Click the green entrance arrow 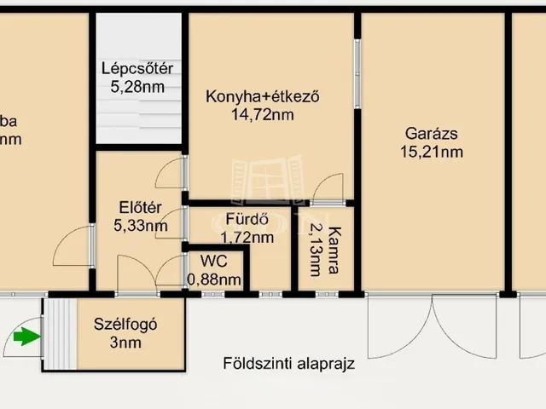click(27, 337)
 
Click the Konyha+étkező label click(263, 96)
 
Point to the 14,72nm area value click(263, 114)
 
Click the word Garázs click(432, 134)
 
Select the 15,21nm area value click(432, 153)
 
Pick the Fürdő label click(242, 218)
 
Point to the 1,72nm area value click(247, 238)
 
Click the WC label click(213, 260)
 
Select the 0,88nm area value click(213, 278)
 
